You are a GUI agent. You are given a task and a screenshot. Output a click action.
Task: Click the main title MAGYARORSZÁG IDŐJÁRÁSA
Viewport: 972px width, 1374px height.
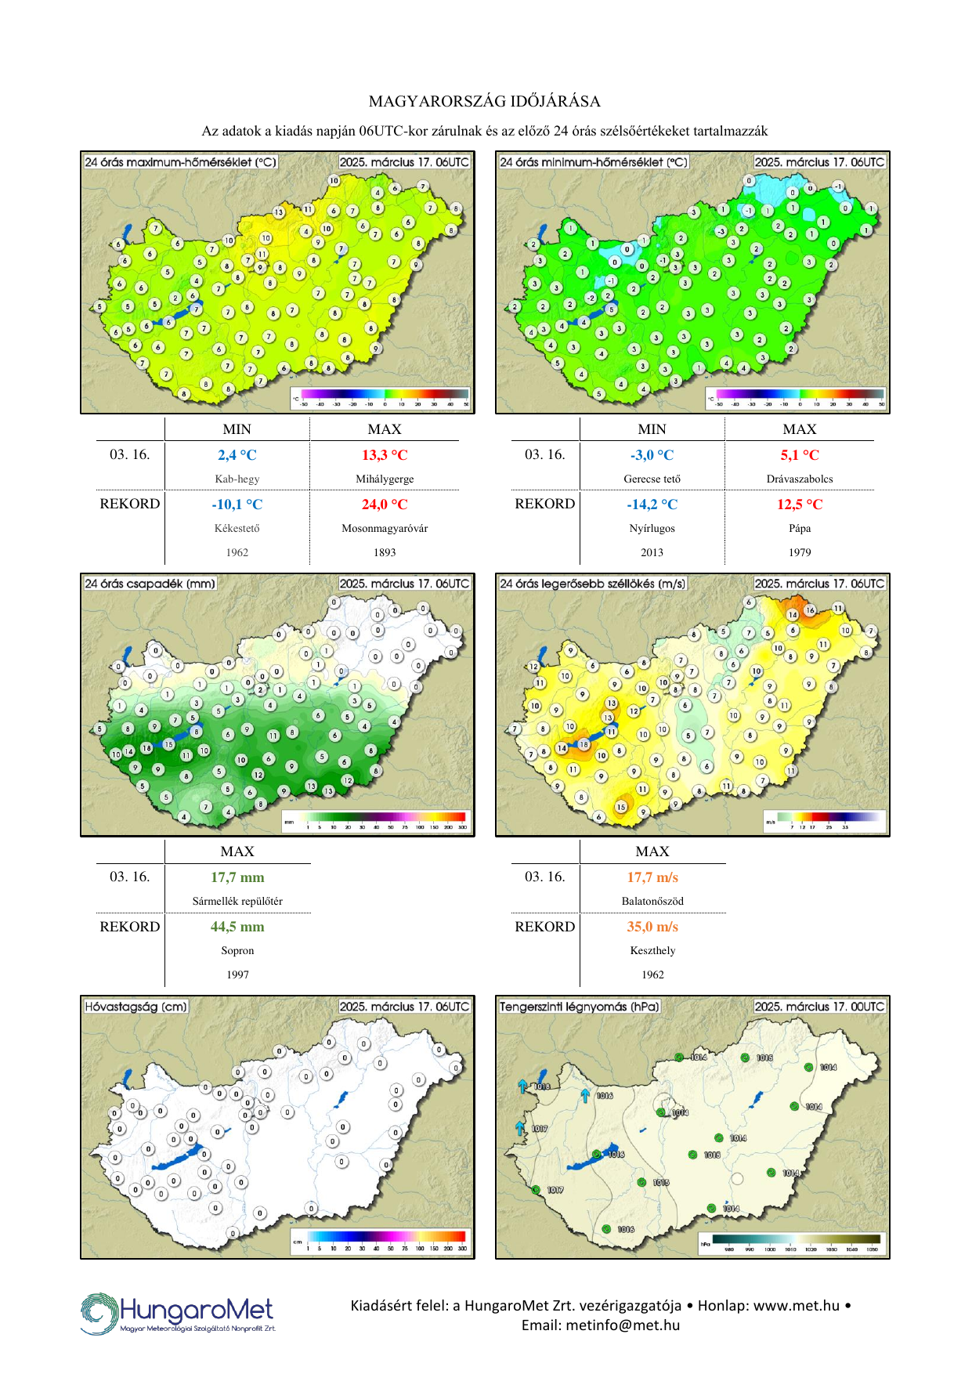pyautogui.click(x=485, y=101)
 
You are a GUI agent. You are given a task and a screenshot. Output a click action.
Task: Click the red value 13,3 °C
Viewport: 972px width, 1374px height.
pyautogui.click(x=385, y=455)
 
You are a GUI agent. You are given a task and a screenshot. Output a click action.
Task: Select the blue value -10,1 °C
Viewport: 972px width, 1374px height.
pyautogui.click(x=237, y=504)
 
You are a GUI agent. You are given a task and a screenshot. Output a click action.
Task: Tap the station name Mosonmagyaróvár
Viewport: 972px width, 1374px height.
pyautogui.click(x=385, y=529)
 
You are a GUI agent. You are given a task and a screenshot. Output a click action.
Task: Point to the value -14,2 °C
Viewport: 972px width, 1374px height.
pyautogui.click(x=652, y=504)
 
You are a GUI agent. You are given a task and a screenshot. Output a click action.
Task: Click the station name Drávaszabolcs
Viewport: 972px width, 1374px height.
pyautogui.click(x=800, y=479)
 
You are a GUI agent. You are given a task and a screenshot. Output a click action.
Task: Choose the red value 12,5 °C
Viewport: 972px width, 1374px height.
pyautogui.click(x=800, y=504)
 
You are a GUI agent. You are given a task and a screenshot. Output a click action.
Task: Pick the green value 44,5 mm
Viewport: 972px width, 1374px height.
pyautogui.click(x=237, y=927)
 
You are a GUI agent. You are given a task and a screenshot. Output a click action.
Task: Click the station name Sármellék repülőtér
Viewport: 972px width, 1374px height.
pyautogui.click(x=237, y=902)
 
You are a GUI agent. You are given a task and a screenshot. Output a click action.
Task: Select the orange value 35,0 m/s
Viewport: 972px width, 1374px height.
pyautogui.click(x=652, y=927)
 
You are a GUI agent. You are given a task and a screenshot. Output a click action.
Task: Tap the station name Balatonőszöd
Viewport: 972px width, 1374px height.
pyautogui.click(x=652, y=902)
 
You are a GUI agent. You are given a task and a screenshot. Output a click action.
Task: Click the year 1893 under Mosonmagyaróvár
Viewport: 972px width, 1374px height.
pyautogui.click(x=385, y=553)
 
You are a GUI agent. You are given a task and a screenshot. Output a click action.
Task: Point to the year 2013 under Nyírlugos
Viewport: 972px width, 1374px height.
pyautogui.click(x=652, y=553)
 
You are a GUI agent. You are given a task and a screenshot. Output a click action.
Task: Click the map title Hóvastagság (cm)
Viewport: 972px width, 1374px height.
pyautogui.click(x=136, y=1007)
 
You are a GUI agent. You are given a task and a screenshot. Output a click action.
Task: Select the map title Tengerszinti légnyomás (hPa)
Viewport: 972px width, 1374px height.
pyautogui.click(x=580, y=1007)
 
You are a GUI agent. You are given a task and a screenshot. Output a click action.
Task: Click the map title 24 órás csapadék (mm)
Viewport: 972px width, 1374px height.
pyautogui.click(x=150, y=584)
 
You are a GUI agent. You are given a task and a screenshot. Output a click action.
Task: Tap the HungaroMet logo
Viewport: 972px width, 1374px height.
pyautogui.click(x=178, y=1314)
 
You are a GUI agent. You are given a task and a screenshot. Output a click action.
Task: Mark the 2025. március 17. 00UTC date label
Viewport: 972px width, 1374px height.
pyautogui.click(x=820, y=1007)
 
